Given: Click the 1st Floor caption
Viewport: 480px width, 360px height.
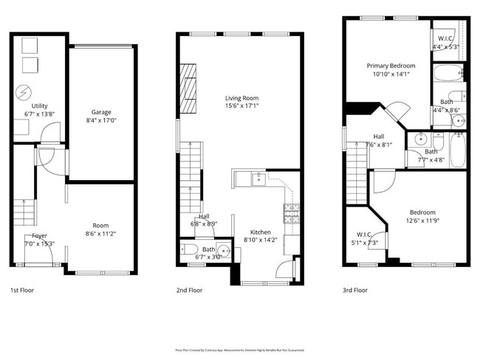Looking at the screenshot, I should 22,290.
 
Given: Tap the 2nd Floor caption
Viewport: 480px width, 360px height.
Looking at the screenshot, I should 189,290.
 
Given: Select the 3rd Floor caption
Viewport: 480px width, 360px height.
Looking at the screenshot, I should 355,290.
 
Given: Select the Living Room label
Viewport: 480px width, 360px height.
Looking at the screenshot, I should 242,97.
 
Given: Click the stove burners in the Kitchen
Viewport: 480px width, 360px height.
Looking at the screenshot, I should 290,213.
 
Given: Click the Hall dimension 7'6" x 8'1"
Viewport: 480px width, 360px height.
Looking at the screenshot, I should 378,145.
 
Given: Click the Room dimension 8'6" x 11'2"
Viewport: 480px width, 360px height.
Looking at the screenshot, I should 100,233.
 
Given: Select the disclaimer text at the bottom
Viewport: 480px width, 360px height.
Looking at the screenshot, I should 239,350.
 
